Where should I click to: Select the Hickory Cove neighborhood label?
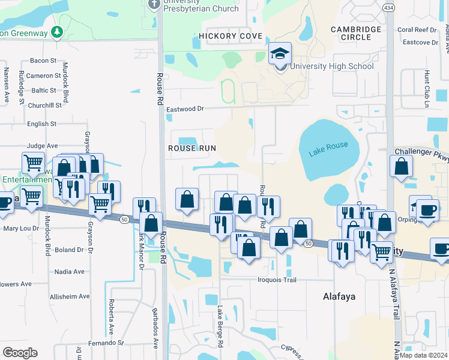point(231,36)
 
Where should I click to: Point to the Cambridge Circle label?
point(356,33)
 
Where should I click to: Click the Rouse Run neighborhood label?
point(191,148)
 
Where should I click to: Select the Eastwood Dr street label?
point(185,109)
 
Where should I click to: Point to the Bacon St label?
point(43,61)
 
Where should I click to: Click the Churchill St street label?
point(46,105)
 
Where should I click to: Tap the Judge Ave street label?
point(42,145)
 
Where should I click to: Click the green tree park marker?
point(57,31)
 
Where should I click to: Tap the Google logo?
point(19,353)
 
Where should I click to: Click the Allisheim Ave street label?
point(70,296)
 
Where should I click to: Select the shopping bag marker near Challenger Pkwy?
point(401,167)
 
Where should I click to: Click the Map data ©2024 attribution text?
point(423,355)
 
